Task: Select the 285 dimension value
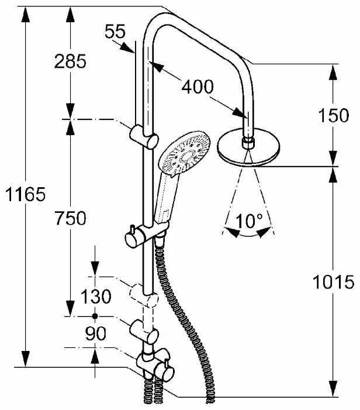[70, 60]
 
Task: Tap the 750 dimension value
[70, 218]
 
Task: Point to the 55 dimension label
[115, 32]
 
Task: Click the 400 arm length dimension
[197, 88]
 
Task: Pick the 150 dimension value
[334, 116]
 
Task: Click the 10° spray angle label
[250, 222]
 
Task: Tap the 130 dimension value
[95, 297]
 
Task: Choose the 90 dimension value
[95, 334]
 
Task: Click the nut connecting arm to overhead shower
[248, 141]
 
